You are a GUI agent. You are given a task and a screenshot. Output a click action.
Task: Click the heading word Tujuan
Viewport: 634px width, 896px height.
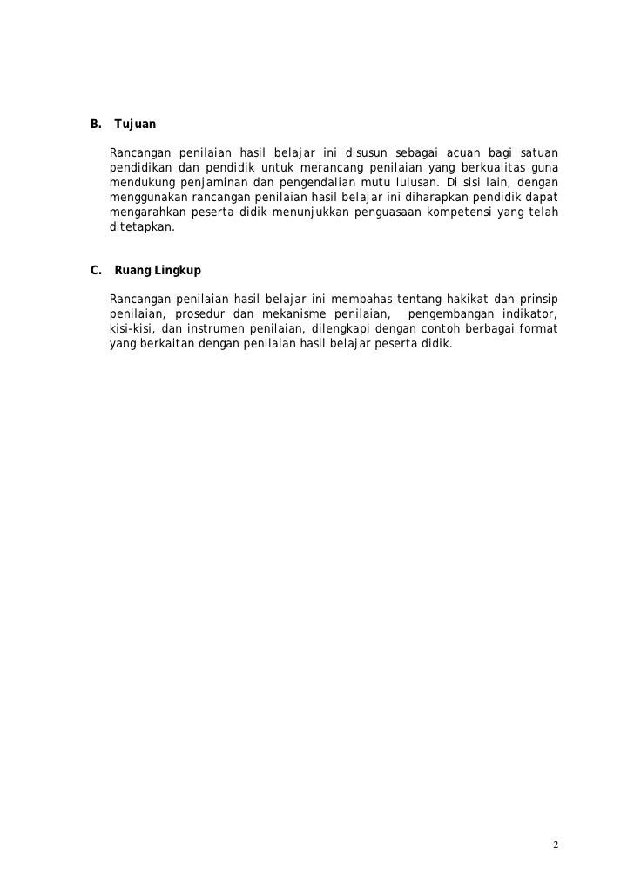(135, 126)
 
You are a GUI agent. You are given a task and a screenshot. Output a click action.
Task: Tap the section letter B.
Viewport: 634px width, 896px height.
(95, 126)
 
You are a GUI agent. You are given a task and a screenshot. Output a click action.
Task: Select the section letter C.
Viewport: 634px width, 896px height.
(95, 271)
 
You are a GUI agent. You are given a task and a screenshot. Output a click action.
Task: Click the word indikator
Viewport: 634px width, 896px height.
(528, 313)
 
